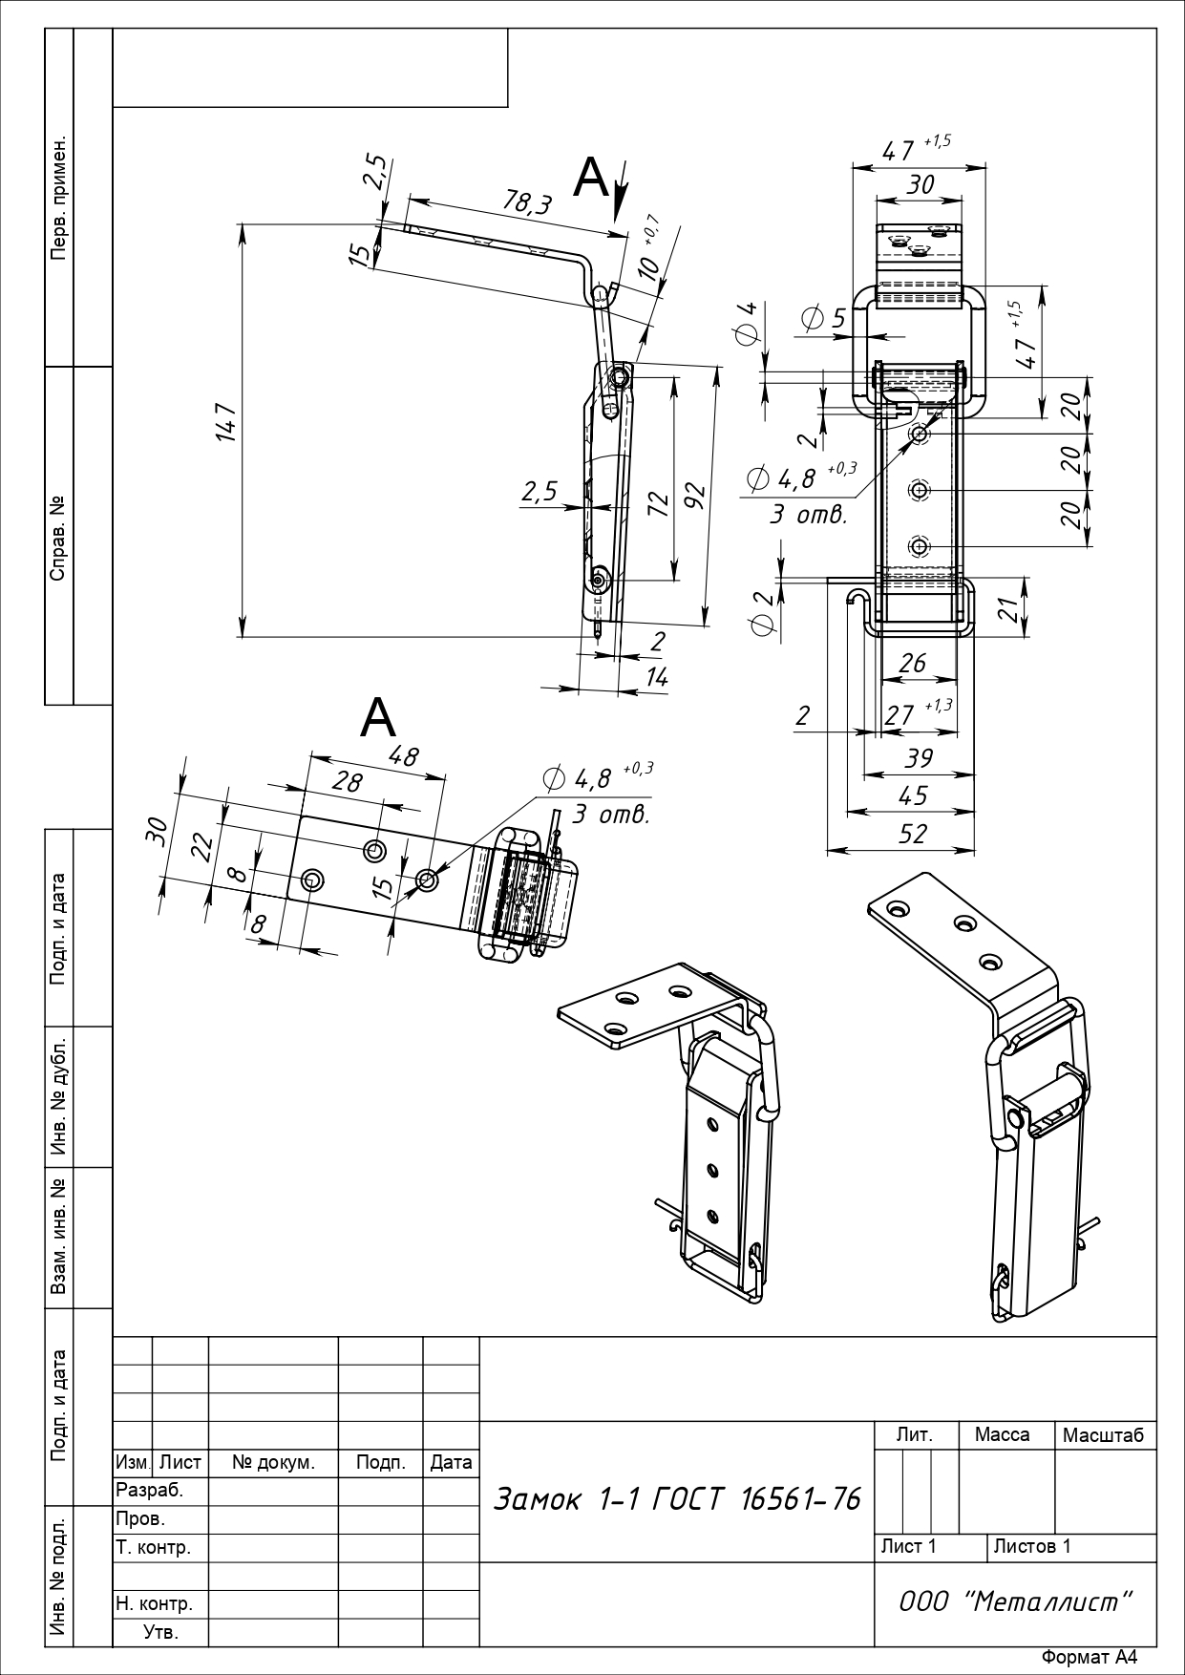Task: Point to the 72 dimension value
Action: (x=657, y=503)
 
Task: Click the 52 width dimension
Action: (x=912, y=834)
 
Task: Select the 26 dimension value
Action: (x=912, y=663)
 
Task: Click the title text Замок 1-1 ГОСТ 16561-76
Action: (x=676, y=1498)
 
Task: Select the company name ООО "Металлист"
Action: (x=1015, y=1601)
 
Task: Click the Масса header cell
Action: (x=1002, y=1434)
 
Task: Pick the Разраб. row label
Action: (x=149, y=1490)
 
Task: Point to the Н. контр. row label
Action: (x=154, y=1603)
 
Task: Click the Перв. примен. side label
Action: (x=58, y=198)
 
